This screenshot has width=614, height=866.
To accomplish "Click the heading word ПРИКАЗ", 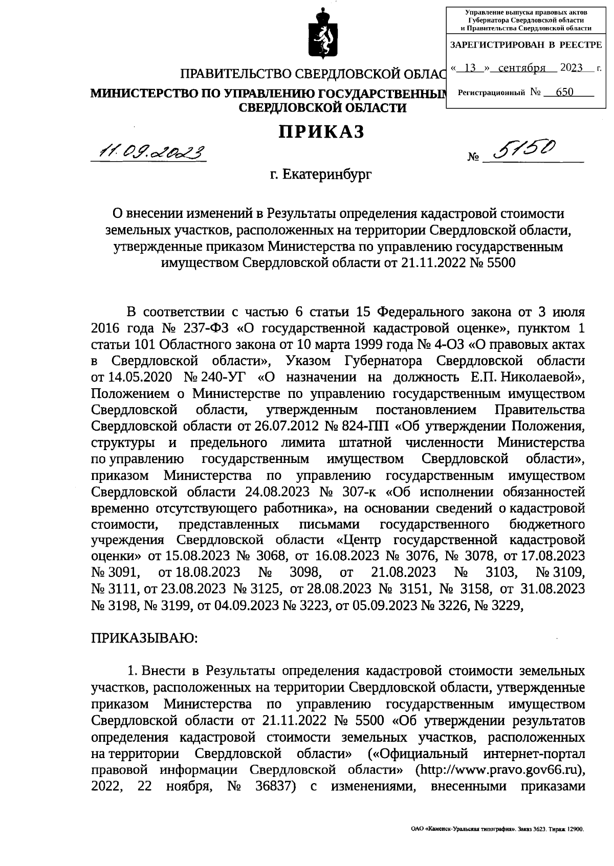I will (321, 132).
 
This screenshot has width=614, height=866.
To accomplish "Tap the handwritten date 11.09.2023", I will (148, 151).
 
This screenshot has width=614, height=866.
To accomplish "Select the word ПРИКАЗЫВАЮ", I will (144, 638).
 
